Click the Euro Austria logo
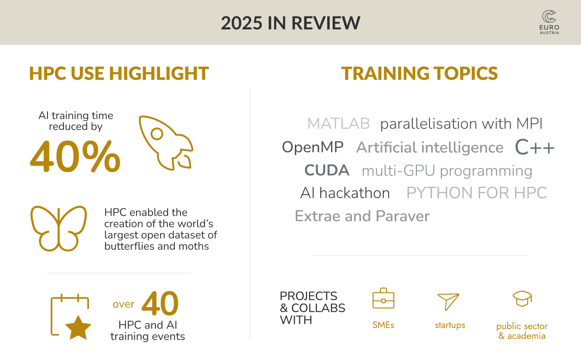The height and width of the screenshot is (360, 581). (549, 22)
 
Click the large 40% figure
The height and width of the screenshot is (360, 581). (75, 156)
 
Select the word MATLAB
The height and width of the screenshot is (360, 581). (338, 123)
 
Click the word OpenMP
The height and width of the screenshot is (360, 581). (313, 147)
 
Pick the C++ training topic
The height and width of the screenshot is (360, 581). (535, 147)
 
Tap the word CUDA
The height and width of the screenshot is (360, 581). (327, 170)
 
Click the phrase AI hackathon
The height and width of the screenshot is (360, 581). (345, 193)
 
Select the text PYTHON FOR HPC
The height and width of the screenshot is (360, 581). (476, 193)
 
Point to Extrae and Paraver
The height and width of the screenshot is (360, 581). (362, 216)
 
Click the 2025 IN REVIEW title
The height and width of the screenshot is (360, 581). (290, 23)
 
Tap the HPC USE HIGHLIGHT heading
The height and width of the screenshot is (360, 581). (119, 73)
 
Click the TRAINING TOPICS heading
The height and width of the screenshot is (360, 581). (419, 73)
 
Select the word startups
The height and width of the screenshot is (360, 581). (450, 325)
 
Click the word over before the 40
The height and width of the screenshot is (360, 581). (124, 304)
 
